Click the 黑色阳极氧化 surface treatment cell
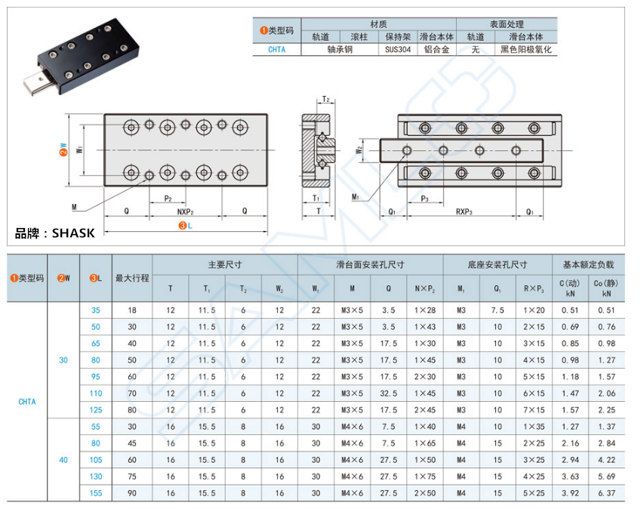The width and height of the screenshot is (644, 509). tap(526, 50)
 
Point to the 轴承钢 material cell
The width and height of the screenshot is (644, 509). tap(340, 50)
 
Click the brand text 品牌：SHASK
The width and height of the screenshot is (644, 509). tap(55, 233)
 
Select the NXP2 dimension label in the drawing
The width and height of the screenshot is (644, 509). tap(185, 212)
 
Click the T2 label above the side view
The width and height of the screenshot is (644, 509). tap(325, 100)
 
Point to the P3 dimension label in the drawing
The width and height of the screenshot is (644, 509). tap(424, 199)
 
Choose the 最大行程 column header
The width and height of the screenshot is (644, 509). tap(132, 278)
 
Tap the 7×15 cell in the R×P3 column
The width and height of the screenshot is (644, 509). tap(534, 409)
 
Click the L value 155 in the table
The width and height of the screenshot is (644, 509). tap(95, 492)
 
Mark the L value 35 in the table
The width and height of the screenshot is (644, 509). tap(95, 310)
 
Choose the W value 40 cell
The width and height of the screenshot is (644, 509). tap(63, 459)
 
